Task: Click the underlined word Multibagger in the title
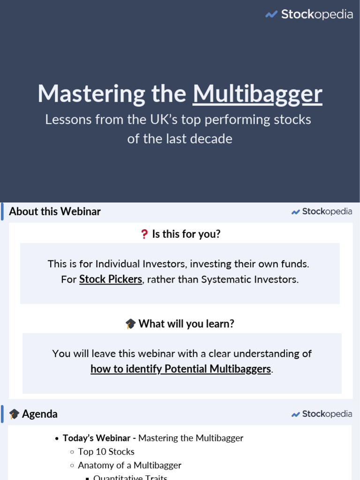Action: point(257,94)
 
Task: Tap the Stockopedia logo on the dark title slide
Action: point(309,15)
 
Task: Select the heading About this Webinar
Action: point(55,211)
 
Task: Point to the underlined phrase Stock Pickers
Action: point(111,279)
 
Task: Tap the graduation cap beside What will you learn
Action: point(130,324)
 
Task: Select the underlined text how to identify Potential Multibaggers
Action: point(180,369)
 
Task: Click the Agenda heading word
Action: point(40,414)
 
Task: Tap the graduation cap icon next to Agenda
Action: point(15,414)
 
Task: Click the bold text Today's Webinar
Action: point(97,438)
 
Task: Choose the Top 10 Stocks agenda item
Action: point(106,452)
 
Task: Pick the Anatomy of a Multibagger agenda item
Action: point(129,465)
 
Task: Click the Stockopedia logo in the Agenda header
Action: point(322,414)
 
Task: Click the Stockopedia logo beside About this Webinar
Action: point(322,211)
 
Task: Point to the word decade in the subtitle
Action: point(214,139)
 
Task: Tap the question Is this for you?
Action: point(186,234)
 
